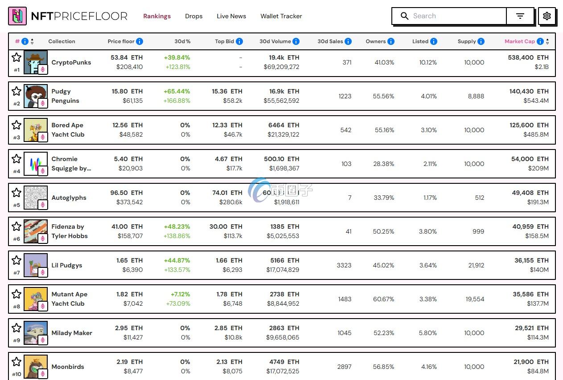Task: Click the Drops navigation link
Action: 193,16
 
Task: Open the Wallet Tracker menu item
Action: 281,16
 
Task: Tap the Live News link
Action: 231,16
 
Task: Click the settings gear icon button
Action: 547,16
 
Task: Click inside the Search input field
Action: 455,16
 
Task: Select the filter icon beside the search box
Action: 520,16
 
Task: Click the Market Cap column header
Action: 519,41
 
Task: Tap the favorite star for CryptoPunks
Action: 16,57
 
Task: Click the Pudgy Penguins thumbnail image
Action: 35,96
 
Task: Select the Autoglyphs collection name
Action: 69,198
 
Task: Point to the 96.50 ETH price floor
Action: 126,193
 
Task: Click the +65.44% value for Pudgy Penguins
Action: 177,91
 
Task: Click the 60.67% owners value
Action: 383,299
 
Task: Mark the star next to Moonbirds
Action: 16,362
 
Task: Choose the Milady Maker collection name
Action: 72,333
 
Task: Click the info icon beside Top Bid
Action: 239,41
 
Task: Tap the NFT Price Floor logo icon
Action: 17,16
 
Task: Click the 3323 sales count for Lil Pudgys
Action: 344,265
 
